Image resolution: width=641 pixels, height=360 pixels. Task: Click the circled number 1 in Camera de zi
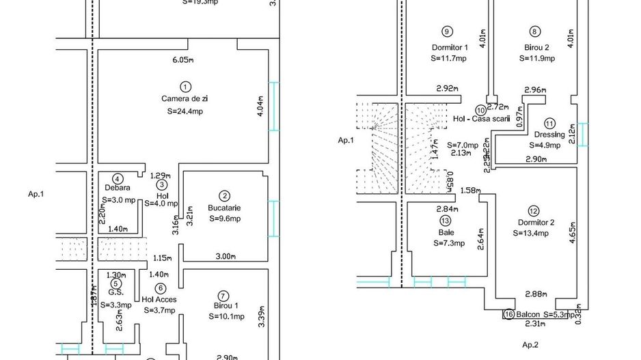click(185, 86)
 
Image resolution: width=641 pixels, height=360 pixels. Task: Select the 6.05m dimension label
click(184, 60)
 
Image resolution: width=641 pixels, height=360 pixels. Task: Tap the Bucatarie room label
click(224, 208)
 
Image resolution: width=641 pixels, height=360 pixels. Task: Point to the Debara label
click(118, 188)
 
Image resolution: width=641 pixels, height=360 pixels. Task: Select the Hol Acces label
click(159, 299)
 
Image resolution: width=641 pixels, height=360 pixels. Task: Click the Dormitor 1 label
click(450, 48)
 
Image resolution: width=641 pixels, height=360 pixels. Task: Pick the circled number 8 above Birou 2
click(535, 31)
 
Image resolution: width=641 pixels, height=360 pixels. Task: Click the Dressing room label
click(549, 135)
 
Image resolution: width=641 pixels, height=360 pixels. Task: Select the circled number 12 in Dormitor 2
click(534, 210)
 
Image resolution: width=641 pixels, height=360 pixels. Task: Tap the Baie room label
click(446, 232)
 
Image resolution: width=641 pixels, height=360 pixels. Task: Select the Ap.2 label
click(530, 345)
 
